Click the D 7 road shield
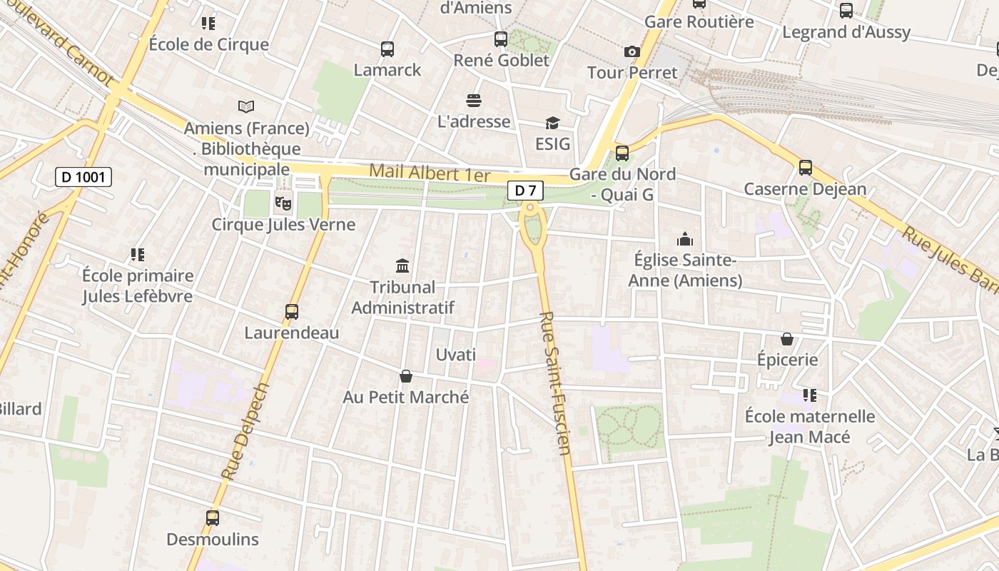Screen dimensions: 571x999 coord(526,191)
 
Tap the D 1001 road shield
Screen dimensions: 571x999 coord(83,177)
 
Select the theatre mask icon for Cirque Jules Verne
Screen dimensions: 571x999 coord(283,203)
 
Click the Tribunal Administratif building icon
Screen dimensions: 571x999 coord(402,266)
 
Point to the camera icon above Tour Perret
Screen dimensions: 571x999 coord(632,51)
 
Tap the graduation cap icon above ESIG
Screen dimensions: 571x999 coord(552,123)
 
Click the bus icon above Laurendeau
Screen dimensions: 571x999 coord(292,312)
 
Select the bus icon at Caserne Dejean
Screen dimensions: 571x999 coord(806,168)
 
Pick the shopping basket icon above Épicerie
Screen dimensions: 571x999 coord(787,338)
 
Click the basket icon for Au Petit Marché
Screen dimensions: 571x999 coord(406,376)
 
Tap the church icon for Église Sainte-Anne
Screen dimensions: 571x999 coord(685,239)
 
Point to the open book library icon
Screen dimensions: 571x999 coord(246,107)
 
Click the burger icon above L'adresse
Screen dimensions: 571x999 coord(474,101)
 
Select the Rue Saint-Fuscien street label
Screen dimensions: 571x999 coord(556,383)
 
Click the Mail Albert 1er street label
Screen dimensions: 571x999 coord(430,173)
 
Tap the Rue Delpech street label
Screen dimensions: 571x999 coord(245,431)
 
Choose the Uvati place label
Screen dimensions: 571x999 coord(455,355)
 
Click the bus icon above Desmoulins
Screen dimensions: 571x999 coord(213,518)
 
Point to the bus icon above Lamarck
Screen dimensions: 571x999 coord(387,49)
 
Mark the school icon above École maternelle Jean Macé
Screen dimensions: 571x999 coord(809,395)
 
